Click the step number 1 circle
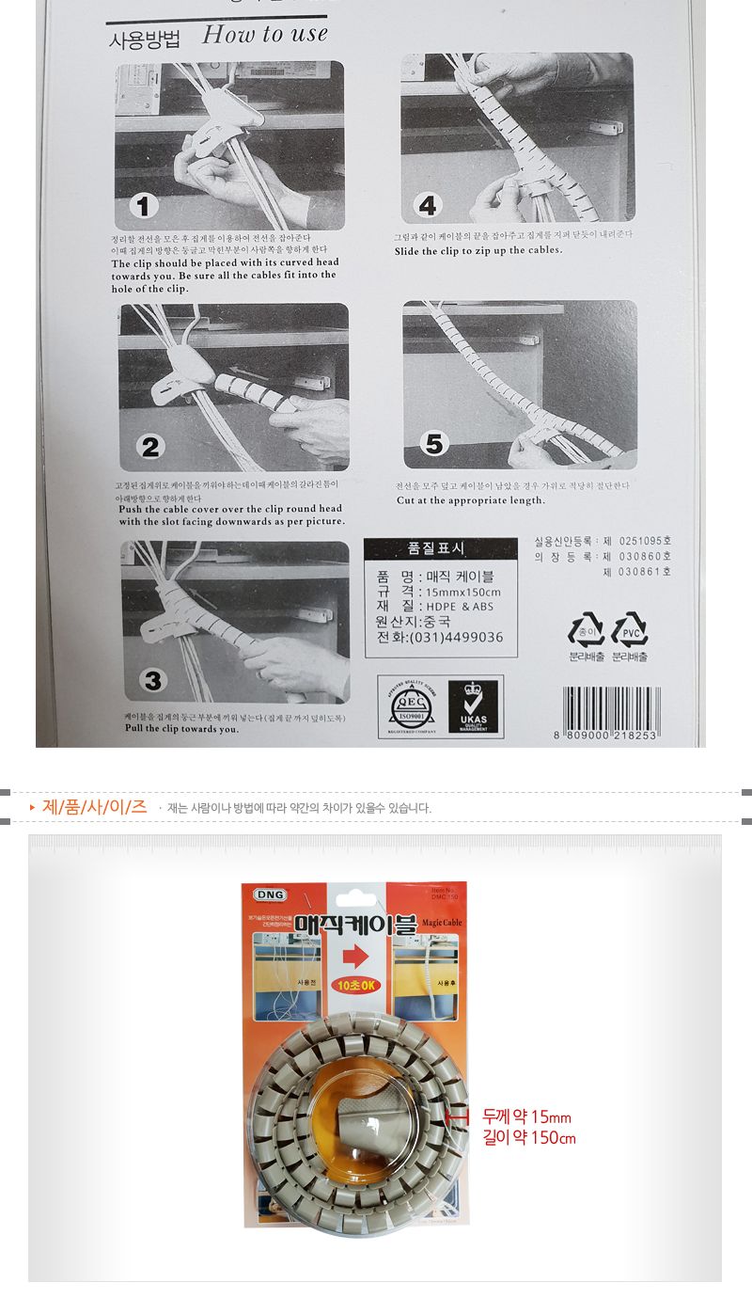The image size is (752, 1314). tap(147, 206)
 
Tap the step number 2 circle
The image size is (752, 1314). tap(150, 446)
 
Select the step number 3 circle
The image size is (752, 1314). tap(152, 680)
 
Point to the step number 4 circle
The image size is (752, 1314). tap(429, 205)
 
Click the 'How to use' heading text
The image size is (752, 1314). tap(264, 36)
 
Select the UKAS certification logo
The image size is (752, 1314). tap(474, 705)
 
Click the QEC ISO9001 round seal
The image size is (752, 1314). tap(408, 705)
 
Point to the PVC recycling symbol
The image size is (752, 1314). tap(630, 628)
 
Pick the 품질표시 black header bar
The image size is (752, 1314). tap(440, 548)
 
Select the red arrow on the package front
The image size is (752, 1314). tap(354, 956)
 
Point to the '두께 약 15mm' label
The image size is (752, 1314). tap(526, 1117)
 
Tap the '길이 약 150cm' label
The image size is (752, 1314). tap(528, 1138)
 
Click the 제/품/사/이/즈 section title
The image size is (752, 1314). tap(94, 807)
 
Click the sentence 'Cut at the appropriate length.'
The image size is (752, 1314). tap(470, 500)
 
